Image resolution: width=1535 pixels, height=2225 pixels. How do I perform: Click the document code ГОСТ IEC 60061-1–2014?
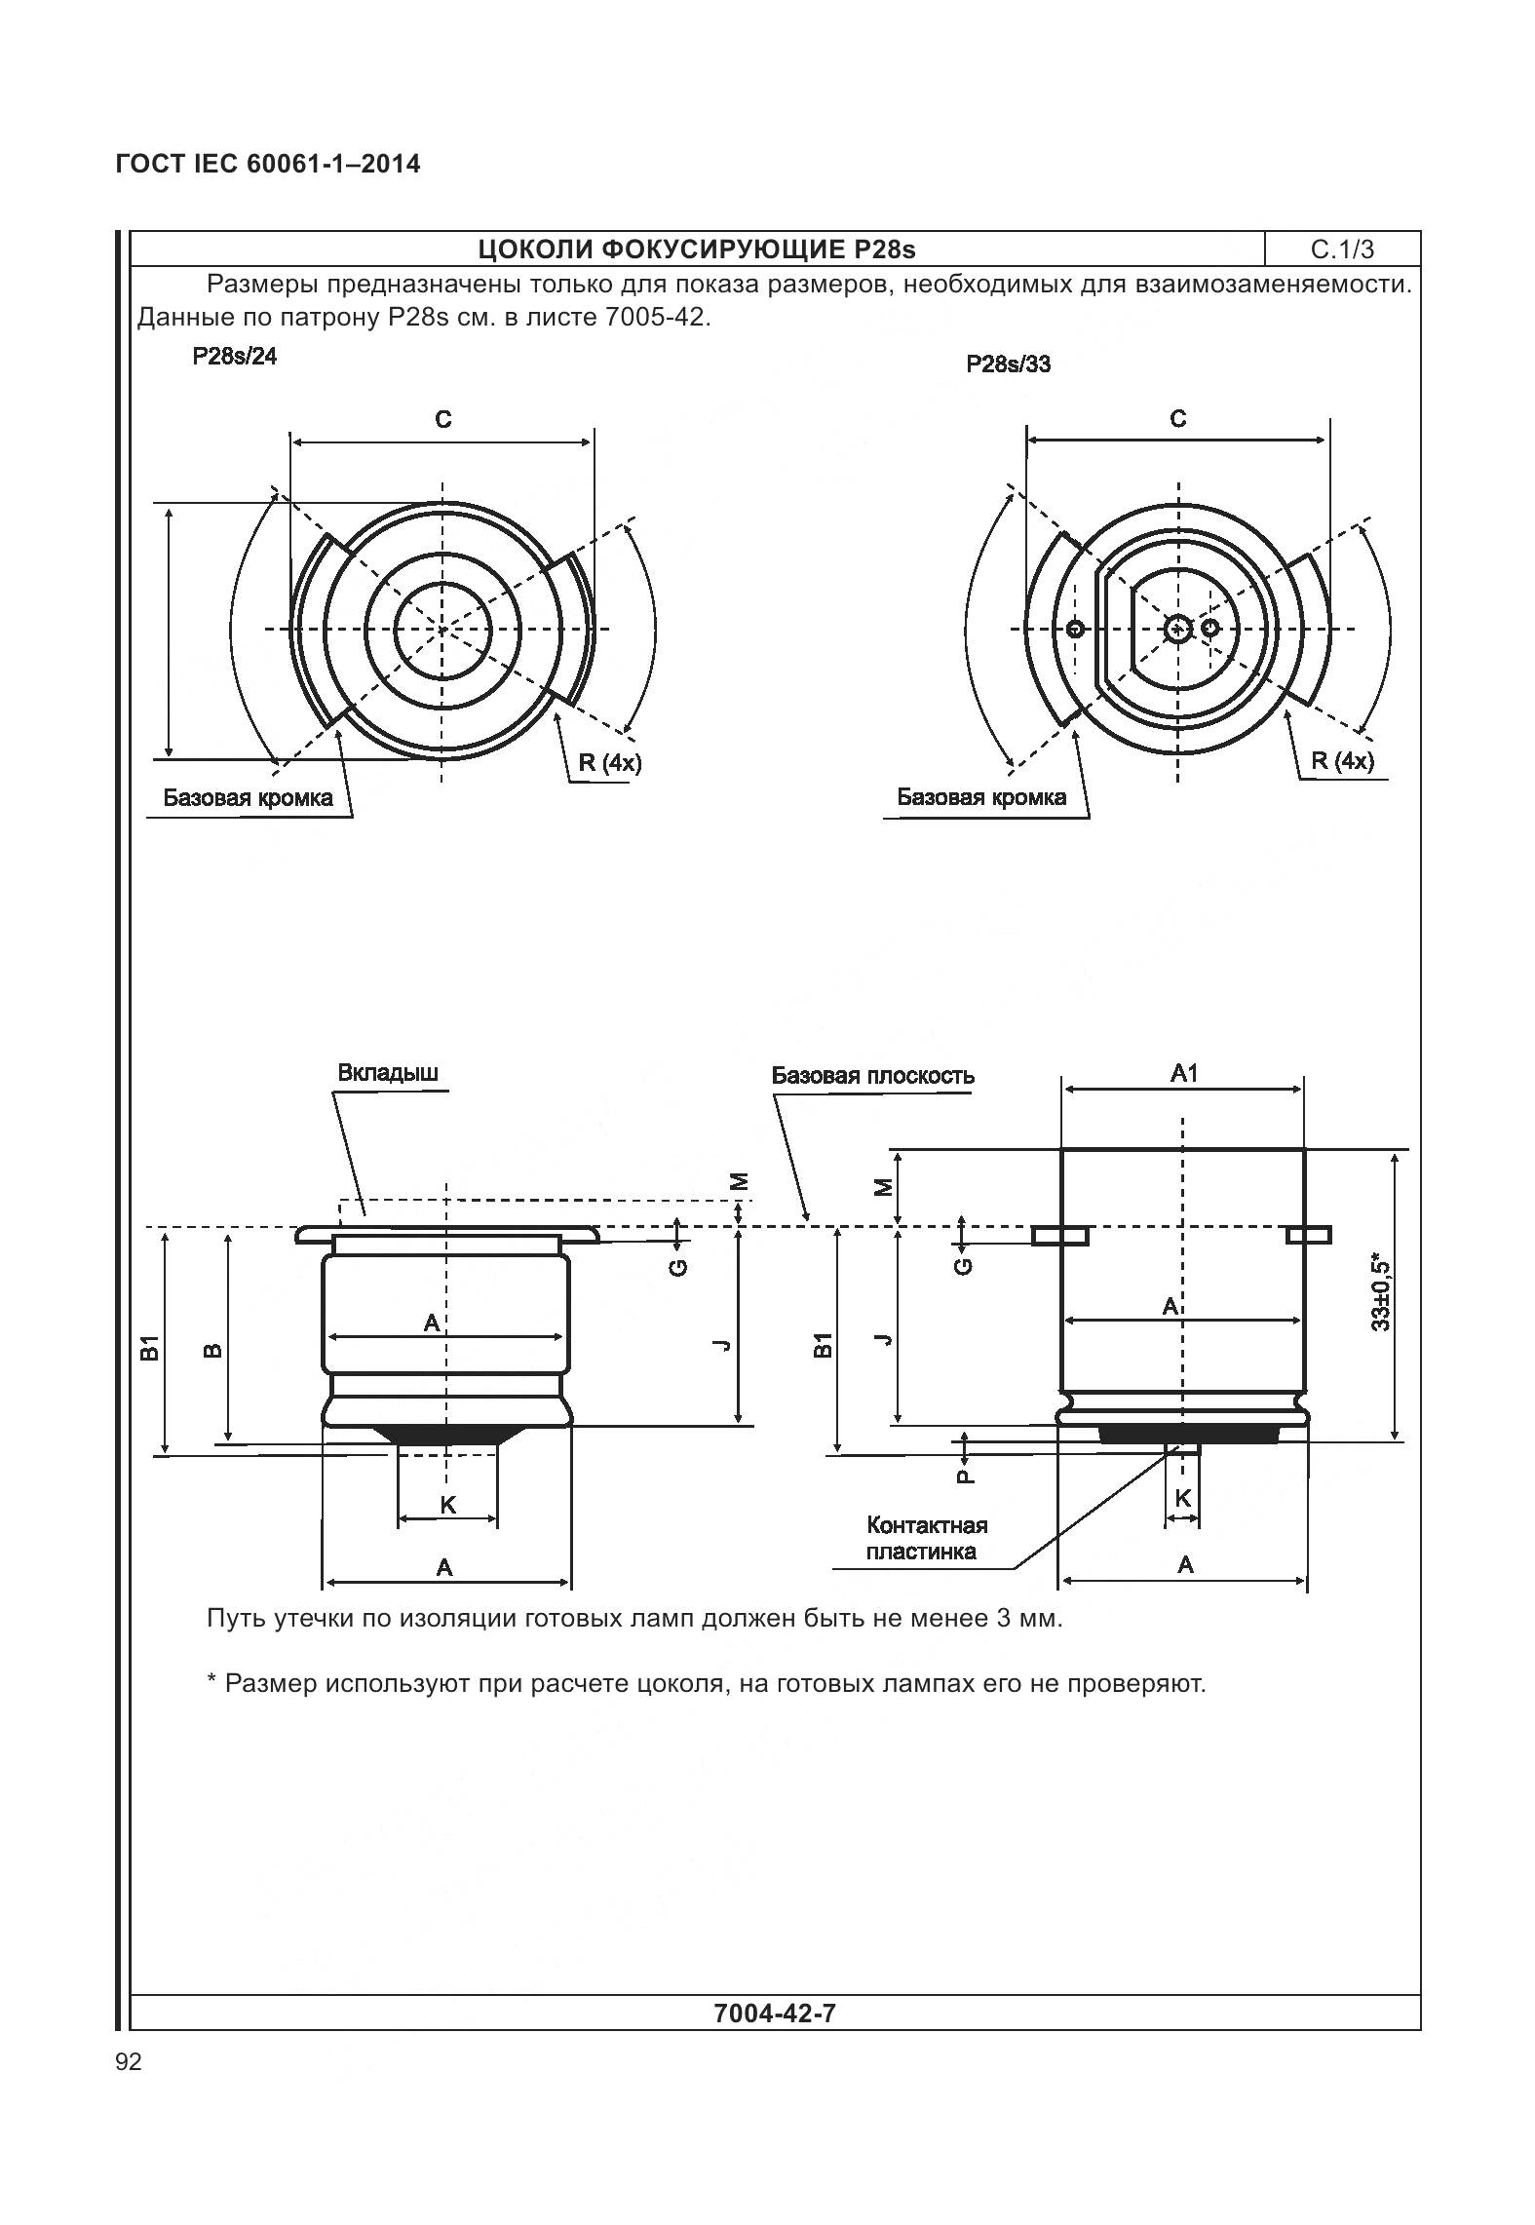coord(268,164)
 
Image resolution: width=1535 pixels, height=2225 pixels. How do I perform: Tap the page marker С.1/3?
coord(1342,249)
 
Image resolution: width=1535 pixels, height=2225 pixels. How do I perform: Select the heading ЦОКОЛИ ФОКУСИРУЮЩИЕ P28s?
coord(697,249)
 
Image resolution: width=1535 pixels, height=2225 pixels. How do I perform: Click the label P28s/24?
coord(234,357)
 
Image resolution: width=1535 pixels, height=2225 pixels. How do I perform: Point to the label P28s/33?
coord(1008,364)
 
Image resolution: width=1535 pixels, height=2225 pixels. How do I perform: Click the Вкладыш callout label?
coord(388,1073)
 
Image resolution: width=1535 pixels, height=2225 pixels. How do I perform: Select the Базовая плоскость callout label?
coord(872,1076)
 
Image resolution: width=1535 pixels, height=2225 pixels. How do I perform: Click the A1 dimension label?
coord(1183,1073)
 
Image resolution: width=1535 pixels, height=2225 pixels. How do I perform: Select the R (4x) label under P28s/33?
coord(1342,761)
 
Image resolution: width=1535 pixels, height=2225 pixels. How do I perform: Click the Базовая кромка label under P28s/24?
coord(248,798)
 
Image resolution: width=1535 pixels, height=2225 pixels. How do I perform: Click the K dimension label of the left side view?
coord(447,1505)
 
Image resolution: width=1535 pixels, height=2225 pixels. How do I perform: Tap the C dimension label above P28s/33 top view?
coord(1177,419)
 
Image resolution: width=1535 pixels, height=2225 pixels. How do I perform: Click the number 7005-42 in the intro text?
coord(652,318)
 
